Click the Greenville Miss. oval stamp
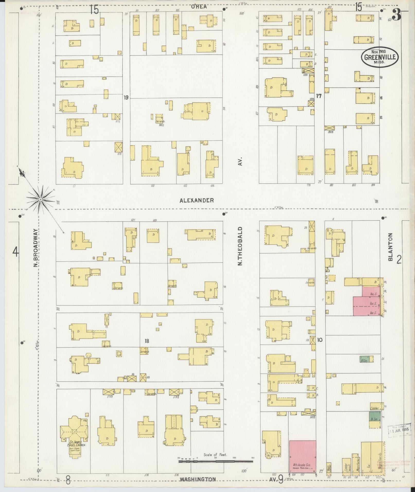(x=380, y=57)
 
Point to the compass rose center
(x=40, y=199)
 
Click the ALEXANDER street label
(x=197, y=200)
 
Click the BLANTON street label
(x=391, y=247)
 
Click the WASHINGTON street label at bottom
(x=198, y=479)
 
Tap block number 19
(x=126, y=97)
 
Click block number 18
(x=147, y=341)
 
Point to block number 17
(x=319, y=96)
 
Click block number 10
(x=320, y=340)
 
